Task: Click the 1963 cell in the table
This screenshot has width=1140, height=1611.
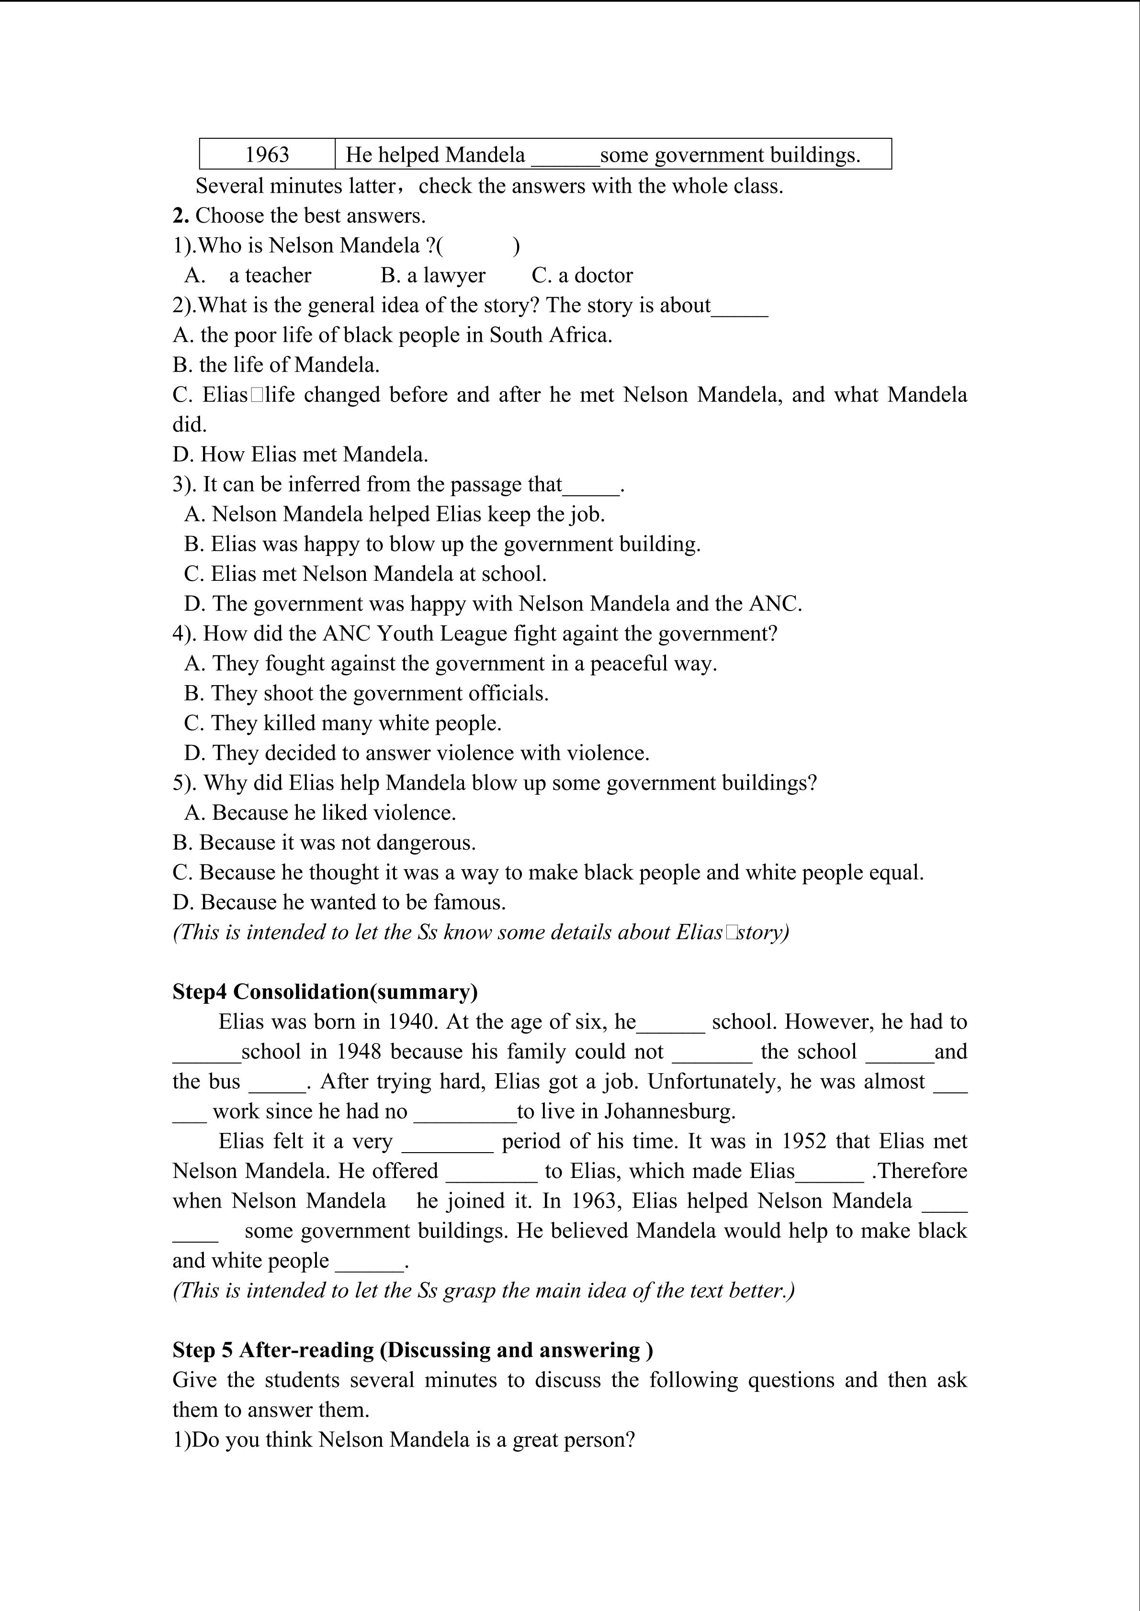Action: coord(267,155)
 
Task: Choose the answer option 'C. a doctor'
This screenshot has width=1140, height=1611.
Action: coord(582,275)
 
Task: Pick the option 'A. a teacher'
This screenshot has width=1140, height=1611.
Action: coord(248,275)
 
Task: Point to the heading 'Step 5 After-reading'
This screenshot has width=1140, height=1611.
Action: coord(413,1350)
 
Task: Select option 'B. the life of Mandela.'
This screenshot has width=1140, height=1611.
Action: coord(276,365)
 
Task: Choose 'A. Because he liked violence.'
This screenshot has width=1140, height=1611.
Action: coord(320,812)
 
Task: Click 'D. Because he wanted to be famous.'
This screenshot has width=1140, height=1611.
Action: coord(339,902)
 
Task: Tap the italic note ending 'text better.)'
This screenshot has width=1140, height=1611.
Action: coord(484,1290)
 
